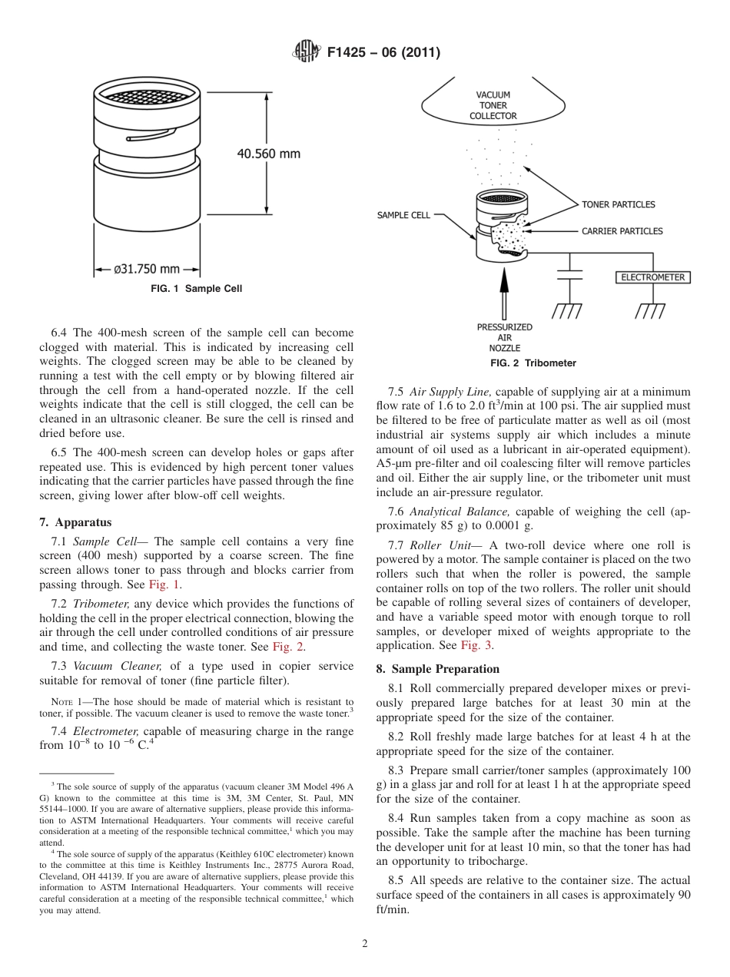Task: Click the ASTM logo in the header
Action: tap(306, 52)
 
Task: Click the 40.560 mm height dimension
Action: tap(268, 154)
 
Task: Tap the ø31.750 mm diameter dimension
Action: tap(146, 270)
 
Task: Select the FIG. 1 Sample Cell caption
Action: tap(196, 289)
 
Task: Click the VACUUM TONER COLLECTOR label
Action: tap(493, 106)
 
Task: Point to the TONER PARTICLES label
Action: tap(618, 204)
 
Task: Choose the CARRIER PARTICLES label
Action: tap(622, 230)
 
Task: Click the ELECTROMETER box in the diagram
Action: tap(652, 277)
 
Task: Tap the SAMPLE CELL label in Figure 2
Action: tap(403, 215)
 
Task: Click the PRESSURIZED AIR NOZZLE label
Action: tap(504, 338)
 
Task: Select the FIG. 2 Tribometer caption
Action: tap(533, 363)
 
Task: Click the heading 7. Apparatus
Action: tap(75, 522)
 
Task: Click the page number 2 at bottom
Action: tap(365, 944)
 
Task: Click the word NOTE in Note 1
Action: tap(61, 702)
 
